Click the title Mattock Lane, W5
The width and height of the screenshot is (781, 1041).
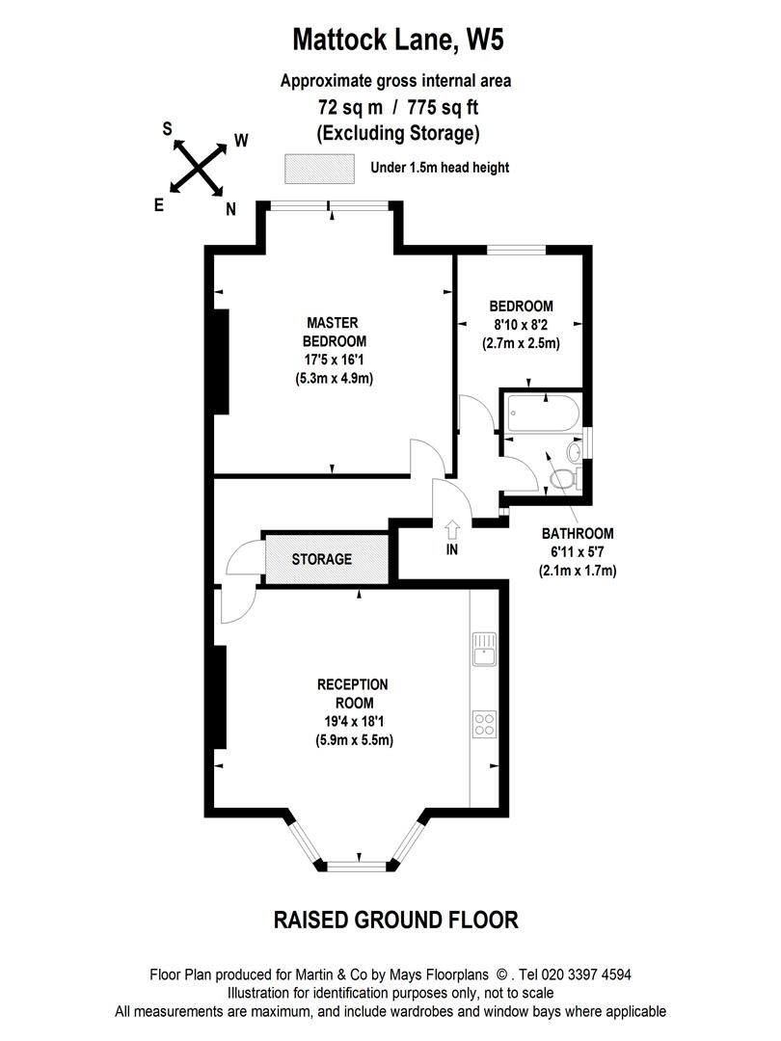pyautogui.click(x=398, y=40)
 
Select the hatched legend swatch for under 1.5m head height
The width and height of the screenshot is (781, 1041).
pyautogui.click(x=319, y=168)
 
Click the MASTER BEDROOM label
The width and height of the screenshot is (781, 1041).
pyautogui.click(x=334, y=332)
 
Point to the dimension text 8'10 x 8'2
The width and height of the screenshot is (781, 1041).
pyautogui.click(x=521, y=325)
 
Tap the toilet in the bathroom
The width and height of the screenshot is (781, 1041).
pyautogui.click(x=563, y=478)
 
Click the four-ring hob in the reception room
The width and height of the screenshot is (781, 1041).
pyautogui.click(x=484, y=722)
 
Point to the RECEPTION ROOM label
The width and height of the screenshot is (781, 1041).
pyautogui.click(x=353, y=694)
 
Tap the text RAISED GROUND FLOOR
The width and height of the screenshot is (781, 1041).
pyautogui.click(x=396, y=920)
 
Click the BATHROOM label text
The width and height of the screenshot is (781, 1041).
pyautogui.click(x=577, y=533)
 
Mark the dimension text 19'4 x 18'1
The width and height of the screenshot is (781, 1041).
pyautogui.click(x=353, y=722)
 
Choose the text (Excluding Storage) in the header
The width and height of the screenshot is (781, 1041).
pyautogui.click(x=397, y=132)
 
